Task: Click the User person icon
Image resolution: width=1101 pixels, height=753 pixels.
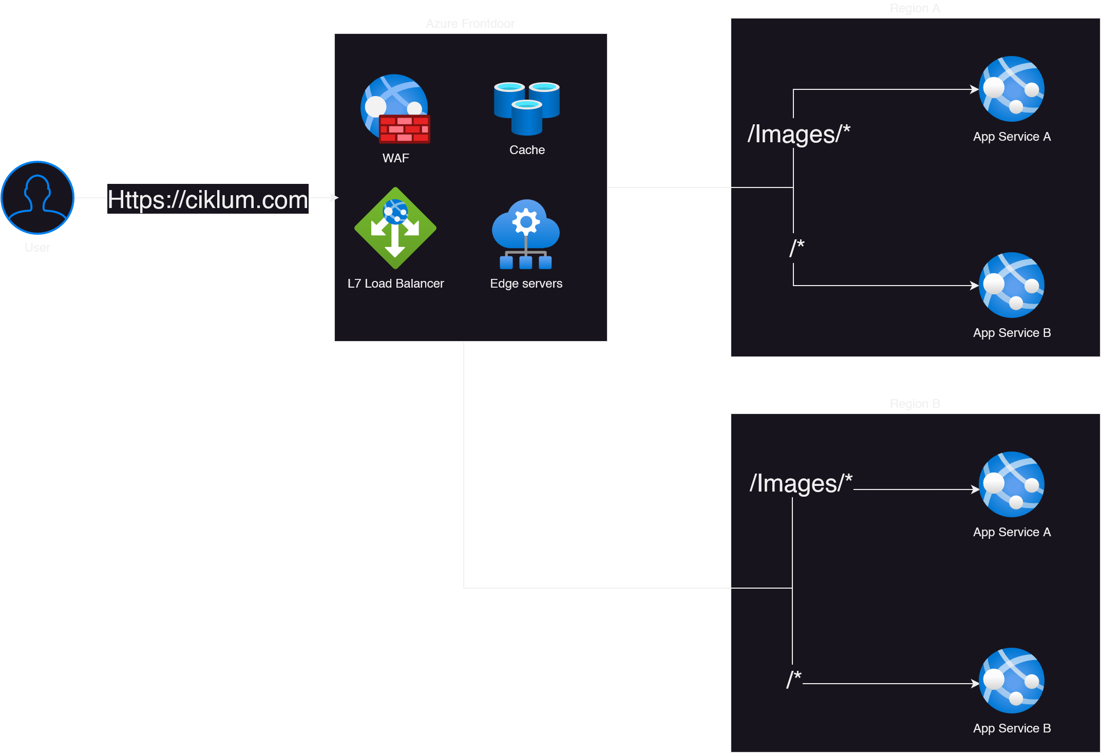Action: pos(37,198)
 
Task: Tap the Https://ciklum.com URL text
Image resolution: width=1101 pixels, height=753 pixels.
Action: pos(207,199)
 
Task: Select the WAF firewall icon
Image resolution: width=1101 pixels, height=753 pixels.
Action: pos(395,109)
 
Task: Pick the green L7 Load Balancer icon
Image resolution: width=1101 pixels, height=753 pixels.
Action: pos(395,228)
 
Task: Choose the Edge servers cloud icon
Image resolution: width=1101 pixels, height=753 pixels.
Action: pos(526,234)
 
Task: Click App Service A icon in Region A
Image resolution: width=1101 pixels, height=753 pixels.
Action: pos(1011,89)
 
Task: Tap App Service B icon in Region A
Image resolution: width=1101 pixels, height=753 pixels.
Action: pos(1011,285)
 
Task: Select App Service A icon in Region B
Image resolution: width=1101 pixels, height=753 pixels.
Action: pos(1011,484)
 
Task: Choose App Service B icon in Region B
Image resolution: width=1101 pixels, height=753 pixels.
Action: pos(1011,681)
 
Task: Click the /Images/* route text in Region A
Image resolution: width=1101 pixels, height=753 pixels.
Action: pos(799,134)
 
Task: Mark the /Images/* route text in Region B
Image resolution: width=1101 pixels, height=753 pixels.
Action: pos(801,483)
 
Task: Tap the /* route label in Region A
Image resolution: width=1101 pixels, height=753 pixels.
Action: pos(796,248)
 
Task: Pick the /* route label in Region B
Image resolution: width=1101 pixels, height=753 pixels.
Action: pos(794,679)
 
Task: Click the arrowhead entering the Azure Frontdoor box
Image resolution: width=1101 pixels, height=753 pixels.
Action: pos(335,197)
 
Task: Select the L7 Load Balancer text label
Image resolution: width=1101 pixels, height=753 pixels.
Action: pos(395,284)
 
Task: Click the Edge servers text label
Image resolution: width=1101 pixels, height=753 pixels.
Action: pos(526,284)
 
